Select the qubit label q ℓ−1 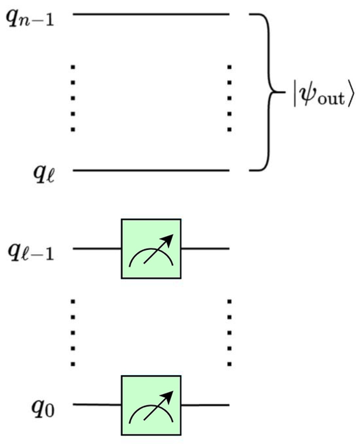coord(31,252)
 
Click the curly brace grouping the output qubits coord(267,92)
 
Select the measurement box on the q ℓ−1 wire coord(151,249)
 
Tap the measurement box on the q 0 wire coord(151,405)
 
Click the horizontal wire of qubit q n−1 coord(151,14)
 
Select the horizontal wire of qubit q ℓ coord(151,170)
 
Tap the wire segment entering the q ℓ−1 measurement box coord(97,249)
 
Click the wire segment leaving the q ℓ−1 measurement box coord(205,249)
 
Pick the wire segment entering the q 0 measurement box coord(97,405)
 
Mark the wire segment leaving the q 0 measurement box coord(205,405)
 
